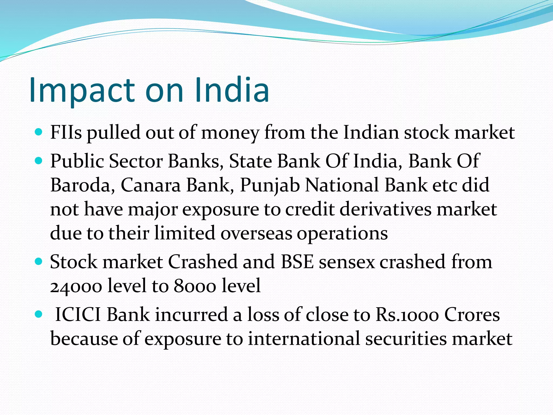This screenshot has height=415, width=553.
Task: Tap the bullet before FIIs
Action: tap(39, 132)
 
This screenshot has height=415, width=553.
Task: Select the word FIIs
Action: tap(66, 132)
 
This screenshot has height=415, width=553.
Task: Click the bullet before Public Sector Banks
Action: tap(39, 161)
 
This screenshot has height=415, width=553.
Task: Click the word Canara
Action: tap(150, 185)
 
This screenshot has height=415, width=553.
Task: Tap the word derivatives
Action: tap(385, 209)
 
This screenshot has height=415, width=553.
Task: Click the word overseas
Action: tap(256, 233)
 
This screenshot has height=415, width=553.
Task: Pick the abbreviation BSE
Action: tap(297, 262)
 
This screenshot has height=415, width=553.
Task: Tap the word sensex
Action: tap(347, 262)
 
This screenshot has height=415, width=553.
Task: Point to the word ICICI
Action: tap(78, 315)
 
